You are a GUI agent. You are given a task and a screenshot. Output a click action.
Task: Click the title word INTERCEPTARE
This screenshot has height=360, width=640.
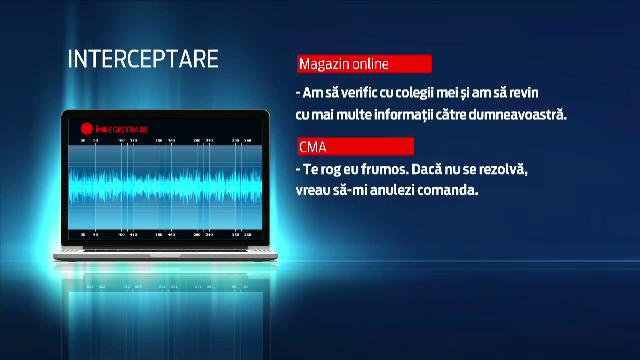tap(143, 58)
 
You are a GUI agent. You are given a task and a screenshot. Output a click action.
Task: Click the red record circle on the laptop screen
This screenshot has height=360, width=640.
tap(87, 126)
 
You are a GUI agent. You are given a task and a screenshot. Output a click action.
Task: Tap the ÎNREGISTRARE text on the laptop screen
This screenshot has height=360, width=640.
tap(120, 127)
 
